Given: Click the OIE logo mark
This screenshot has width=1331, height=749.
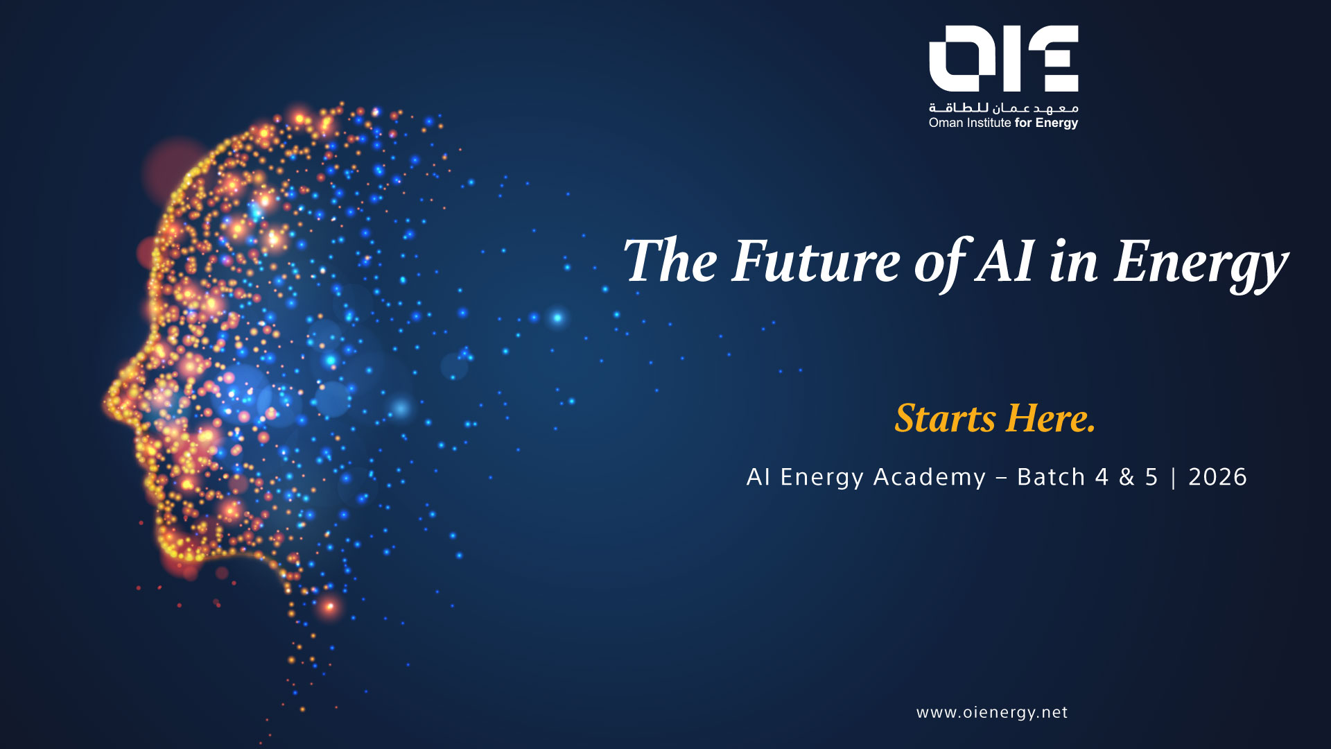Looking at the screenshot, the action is click(1003, 58).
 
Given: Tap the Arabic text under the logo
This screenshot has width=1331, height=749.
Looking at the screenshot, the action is click(1003, 107).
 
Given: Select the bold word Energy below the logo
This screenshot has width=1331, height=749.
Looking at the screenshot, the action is click(1056, 123).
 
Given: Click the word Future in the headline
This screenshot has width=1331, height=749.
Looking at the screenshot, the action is click(816, 261).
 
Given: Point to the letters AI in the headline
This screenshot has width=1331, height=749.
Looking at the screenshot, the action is click(1005, 261).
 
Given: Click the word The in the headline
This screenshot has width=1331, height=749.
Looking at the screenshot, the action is click(670, 261).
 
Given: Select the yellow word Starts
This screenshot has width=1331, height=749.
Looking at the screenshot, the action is click(945, 418).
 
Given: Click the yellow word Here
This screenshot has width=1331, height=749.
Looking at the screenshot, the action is click(1051, 418).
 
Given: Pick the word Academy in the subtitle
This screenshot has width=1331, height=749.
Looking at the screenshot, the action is click(929, 478).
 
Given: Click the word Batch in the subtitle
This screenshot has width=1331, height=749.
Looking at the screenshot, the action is click(1051, 477).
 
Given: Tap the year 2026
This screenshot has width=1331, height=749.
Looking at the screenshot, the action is click(1217, 477).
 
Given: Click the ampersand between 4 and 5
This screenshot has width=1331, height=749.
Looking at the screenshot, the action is click(1126, 477).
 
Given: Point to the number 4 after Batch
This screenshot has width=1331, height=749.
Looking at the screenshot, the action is click(1102, 477).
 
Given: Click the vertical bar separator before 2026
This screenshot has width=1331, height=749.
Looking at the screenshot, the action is click(1173, 478).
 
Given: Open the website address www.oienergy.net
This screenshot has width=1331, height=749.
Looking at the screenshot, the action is click(992, 713).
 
